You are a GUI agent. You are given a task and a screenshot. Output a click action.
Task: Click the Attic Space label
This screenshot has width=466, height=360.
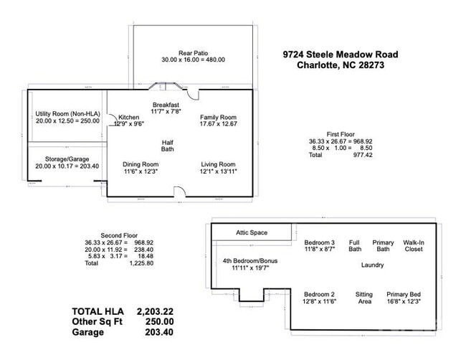tap(252, 232)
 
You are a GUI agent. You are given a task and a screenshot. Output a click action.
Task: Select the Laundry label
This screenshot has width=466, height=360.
tap(371, 265)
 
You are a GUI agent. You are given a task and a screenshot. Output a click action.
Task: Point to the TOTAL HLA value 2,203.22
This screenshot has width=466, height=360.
tap(155, 311)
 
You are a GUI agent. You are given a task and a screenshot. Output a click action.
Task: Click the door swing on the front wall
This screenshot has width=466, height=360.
tap(179, 191)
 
